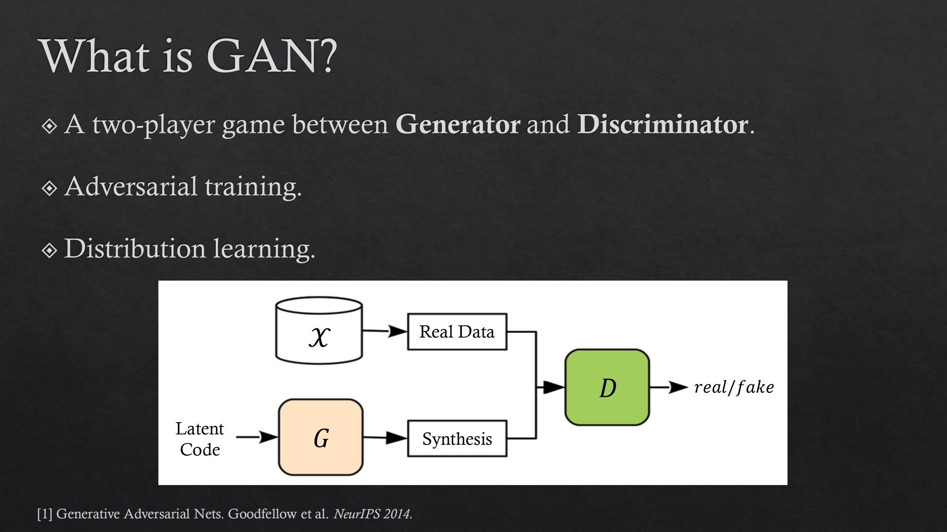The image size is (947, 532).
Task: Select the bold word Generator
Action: click(458, 125)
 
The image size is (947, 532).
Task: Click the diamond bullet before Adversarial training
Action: click(49, 188)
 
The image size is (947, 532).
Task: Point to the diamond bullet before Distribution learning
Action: click(49, 250)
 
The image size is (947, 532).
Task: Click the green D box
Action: click(607, 387)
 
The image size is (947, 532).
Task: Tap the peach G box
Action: click(321, 437)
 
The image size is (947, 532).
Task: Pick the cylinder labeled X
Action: click(319, 330)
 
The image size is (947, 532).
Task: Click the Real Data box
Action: click(457, 332)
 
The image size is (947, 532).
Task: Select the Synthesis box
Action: click(457, 438)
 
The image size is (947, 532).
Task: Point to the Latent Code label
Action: click(200, 439)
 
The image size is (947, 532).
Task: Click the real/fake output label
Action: click(734, 387)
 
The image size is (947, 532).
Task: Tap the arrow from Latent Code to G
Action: click(257, 437)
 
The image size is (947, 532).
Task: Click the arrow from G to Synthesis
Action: click(385, 438)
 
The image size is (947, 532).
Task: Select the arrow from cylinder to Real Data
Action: click(385, 331)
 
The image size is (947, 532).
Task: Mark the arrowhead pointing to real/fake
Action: click(678, 387)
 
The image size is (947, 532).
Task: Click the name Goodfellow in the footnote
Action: click(262, 514)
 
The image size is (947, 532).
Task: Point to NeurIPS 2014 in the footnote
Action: click(373, 514)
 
